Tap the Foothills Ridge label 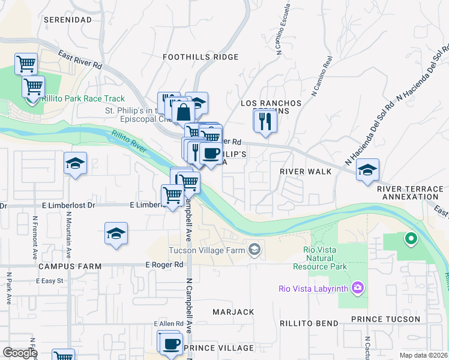(x=201, y=57)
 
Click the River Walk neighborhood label (x=306, y=172)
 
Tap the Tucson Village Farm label (x=208, y=250)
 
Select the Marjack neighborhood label (x=234, y=312)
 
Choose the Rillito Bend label (x=309, y=323)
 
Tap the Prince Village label (x=219, y=348)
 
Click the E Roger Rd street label (x=164, y=265)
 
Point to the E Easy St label (x=50, y=281)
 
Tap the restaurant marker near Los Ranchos (x=265, y=122)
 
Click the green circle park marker (x=411, y=239)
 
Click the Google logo (x=20, y=353)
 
